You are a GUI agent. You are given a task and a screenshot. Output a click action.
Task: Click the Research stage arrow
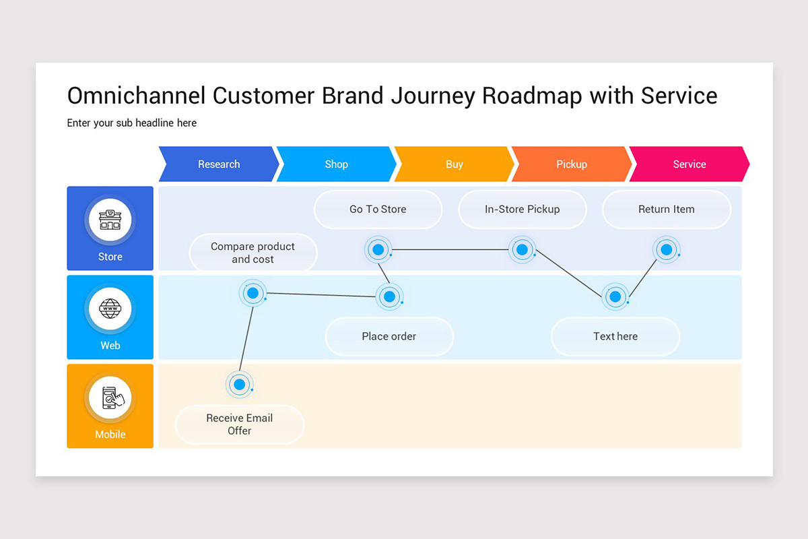[x=219, y=164]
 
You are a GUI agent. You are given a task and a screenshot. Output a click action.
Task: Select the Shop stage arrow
[x=336, y=164]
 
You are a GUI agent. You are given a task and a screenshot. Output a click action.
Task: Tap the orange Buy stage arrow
[x=454, y=164]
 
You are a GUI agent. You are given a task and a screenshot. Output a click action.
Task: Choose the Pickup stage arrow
[x=571, y=164]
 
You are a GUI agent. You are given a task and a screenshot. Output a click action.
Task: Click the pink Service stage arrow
[x=689, y=164]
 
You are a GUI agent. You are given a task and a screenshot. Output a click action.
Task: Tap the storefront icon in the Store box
[x=110, y=220]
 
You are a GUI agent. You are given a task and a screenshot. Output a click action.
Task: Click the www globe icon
[x=110, y=309]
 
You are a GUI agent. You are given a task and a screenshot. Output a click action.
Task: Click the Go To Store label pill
[x=378, y=210]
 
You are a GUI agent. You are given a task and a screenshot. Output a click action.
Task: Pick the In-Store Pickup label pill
[x=522, y=210]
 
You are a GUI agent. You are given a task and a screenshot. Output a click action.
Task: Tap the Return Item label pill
[x=666, y=210]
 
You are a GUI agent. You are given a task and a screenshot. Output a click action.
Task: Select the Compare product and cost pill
[x=253, y=253]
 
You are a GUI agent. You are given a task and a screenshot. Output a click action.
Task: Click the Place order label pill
[x=389, y=336]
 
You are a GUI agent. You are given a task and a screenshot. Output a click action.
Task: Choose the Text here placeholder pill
[x=615, y=336]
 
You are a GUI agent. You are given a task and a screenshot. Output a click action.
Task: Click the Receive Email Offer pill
[x=240, y=424]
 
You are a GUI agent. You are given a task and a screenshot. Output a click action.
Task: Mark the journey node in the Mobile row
[x=239, y=385]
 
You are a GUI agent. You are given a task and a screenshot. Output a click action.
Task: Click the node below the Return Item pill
[x=667, y=250]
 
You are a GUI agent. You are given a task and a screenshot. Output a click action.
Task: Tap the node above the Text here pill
[x=615, y=296]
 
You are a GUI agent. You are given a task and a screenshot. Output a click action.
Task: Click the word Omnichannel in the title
[x=137, y=96]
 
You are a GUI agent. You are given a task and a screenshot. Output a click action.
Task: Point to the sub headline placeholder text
[x=132, y=123]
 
